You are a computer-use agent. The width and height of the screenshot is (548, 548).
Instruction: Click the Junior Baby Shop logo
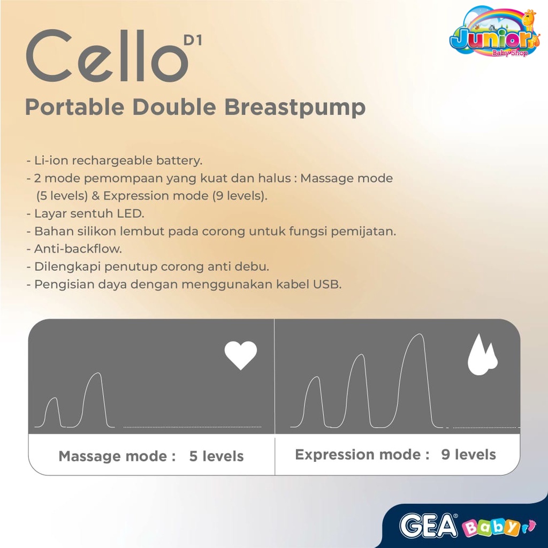tap(494, 32)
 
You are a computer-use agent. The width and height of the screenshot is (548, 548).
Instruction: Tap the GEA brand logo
tap(429, 526)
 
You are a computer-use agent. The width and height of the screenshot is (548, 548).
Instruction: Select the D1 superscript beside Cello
tap(193, 41)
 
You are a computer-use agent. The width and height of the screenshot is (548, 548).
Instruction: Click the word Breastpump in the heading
tap(295, 107)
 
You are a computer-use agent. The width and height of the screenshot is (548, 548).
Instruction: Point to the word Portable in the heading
tap(75, 106)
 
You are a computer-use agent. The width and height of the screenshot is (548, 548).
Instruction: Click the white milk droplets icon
tap(482, 354)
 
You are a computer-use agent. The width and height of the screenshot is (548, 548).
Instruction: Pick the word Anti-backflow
tap(78, 249)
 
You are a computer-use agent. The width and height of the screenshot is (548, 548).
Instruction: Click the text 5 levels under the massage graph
tap(216, 456)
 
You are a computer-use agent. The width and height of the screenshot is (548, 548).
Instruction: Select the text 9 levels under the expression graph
tap(468, 454)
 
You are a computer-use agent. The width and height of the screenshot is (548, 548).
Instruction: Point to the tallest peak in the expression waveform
tap(417, 335)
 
